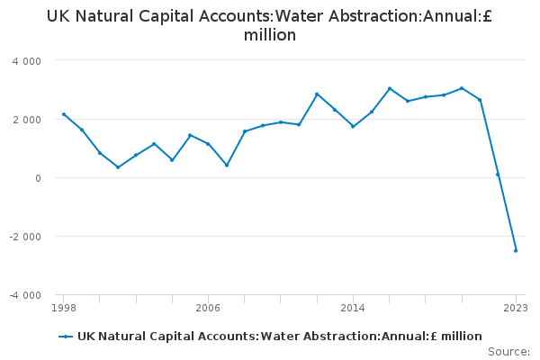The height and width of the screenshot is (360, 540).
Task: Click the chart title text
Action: click(270, 25)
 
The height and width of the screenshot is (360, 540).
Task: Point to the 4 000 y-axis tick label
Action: click(27, 61)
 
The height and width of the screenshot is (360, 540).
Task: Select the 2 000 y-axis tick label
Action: click(27, 120)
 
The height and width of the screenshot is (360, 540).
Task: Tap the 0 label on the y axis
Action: click(38, 178)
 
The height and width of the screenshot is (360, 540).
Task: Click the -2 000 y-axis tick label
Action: click(25, 237)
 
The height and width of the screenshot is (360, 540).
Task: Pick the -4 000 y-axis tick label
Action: click(25, 295)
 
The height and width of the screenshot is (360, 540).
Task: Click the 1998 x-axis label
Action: click(63, 308)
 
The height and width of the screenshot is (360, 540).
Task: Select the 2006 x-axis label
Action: click(208, 308)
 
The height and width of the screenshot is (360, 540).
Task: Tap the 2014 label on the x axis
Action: click(353, 308)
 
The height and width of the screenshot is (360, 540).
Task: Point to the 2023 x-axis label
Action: click(516, 308)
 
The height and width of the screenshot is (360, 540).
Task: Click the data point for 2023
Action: click(516, 250)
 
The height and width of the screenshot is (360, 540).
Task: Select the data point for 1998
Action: click(63, 114)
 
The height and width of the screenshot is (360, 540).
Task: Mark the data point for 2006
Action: click(208, 144)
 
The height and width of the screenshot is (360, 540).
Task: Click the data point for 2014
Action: click(353, 126)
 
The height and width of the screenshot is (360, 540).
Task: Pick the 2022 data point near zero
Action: click(498, 175)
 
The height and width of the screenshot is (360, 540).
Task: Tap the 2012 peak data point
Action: click(317, 94)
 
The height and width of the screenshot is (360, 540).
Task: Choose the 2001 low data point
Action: click(118, 167)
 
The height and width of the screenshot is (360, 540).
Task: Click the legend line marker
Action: click(66, 337)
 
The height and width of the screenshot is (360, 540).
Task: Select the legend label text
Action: click(279, 337)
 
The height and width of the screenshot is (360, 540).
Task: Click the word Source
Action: click(508, 352)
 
